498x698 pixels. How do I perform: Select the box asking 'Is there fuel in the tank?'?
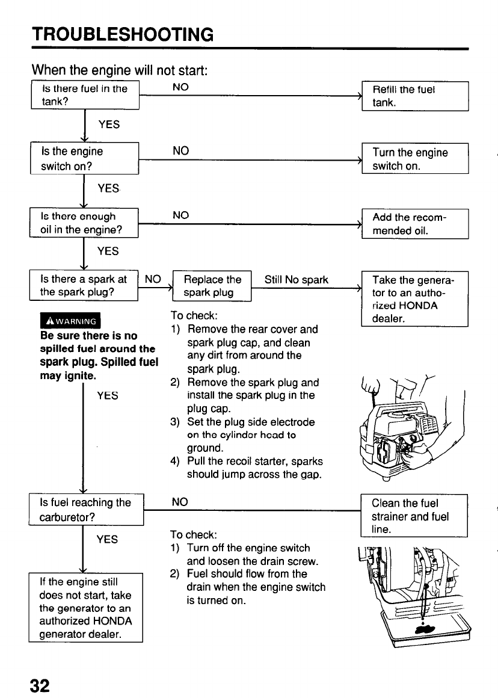point(85,95)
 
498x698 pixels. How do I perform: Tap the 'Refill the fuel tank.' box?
point(414,96)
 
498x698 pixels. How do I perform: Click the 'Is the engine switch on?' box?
point(85,159)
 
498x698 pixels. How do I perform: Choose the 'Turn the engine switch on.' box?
point(414,159)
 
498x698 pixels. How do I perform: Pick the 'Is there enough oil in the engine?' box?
point(85,223)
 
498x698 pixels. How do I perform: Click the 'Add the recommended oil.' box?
point(414,223)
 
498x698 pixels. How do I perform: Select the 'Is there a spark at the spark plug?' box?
point(85,286)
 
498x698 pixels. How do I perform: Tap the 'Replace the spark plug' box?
point(212,286)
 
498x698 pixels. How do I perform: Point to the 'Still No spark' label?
point(297,280)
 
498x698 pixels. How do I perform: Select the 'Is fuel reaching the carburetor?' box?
point(85,509)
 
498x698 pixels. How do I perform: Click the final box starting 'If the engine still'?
point(85,608)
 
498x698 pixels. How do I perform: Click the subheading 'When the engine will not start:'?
point(120,69)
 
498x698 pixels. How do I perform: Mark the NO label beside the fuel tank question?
point(180,88)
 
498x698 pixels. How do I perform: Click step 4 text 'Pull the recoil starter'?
point(254,462)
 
